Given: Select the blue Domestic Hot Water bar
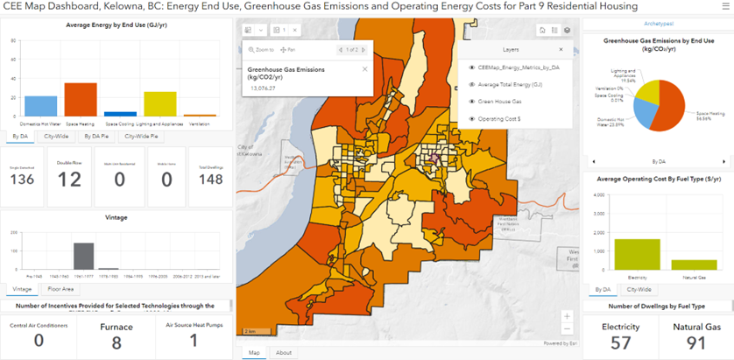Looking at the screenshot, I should (41, 106).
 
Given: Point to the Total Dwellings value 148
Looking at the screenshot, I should (210, 180).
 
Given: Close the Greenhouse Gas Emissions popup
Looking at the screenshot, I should (364, 67).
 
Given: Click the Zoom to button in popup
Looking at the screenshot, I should (261, 50).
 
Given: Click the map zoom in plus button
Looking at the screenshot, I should (568, 316).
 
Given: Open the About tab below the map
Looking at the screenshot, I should (284, 353).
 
